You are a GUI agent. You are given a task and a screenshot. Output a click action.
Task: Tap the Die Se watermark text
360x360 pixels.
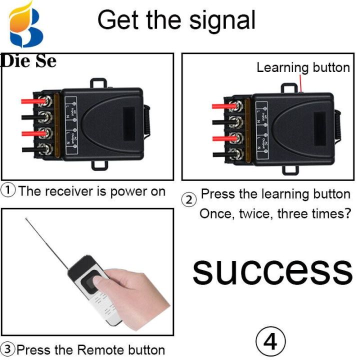click(x=28, y=61)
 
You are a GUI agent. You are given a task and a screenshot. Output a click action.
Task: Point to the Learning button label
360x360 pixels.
click(x=303, y=67)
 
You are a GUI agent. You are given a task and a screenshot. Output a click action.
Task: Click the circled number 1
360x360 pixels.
click(x=8, y=191)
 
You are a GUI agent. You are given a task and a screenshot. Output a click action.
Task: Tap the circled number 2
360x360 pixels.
click(x=189, y=200)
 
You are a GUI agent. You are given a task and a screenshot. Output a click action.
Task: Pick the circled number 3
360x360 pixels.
click(x=7, y=349)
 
